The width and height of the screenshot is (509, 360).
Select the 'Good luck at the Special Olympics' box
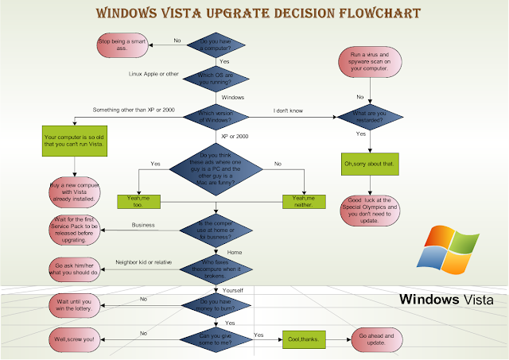[368, 211]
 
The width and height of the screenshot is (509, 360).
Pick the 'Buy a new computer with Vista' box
[73, 191]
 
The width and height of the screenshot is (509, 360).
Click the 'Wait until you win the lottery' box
[75, 306]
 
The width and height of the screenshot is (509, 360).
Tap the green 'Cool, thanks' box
[303, 340]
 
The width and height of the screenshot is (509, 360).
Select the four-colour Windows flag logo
[451, 250]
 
